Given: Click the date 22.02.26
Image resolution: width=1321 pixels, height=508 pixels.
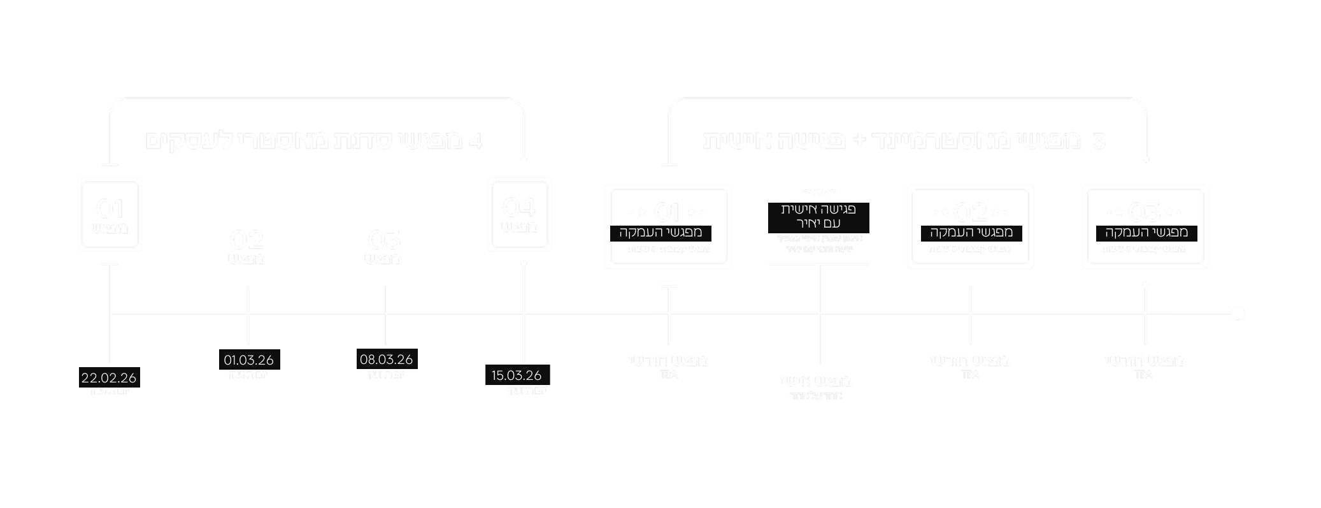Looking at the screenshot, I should pyautogui.click(x=109, y=378).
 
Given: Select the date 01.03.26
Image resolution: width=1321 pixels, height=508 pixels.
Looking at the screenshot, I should pyautogui.click(x=248, y=360).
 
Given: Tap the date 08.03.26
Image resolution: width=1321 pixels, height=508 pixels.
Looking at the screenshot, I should pyautogui.click(x=386, y=359).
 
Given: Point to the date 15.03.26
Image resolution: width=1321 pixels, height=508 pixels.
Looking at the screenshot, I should pyautogui.click(x=517, y=375).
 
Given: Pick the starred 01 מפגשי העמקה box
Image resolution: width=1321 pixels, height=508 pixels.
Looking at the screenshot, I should pyautogui.click(x=668, y=226).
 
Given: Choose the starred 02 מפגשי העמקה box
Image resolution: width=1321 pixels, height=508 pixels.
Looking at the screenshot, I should pyautogui.click(x=970, y=226).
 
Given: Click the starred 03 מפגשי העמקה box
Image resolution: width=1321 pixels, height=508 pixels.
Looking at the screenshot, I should pyautogui.click(x=1145, y=226).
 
